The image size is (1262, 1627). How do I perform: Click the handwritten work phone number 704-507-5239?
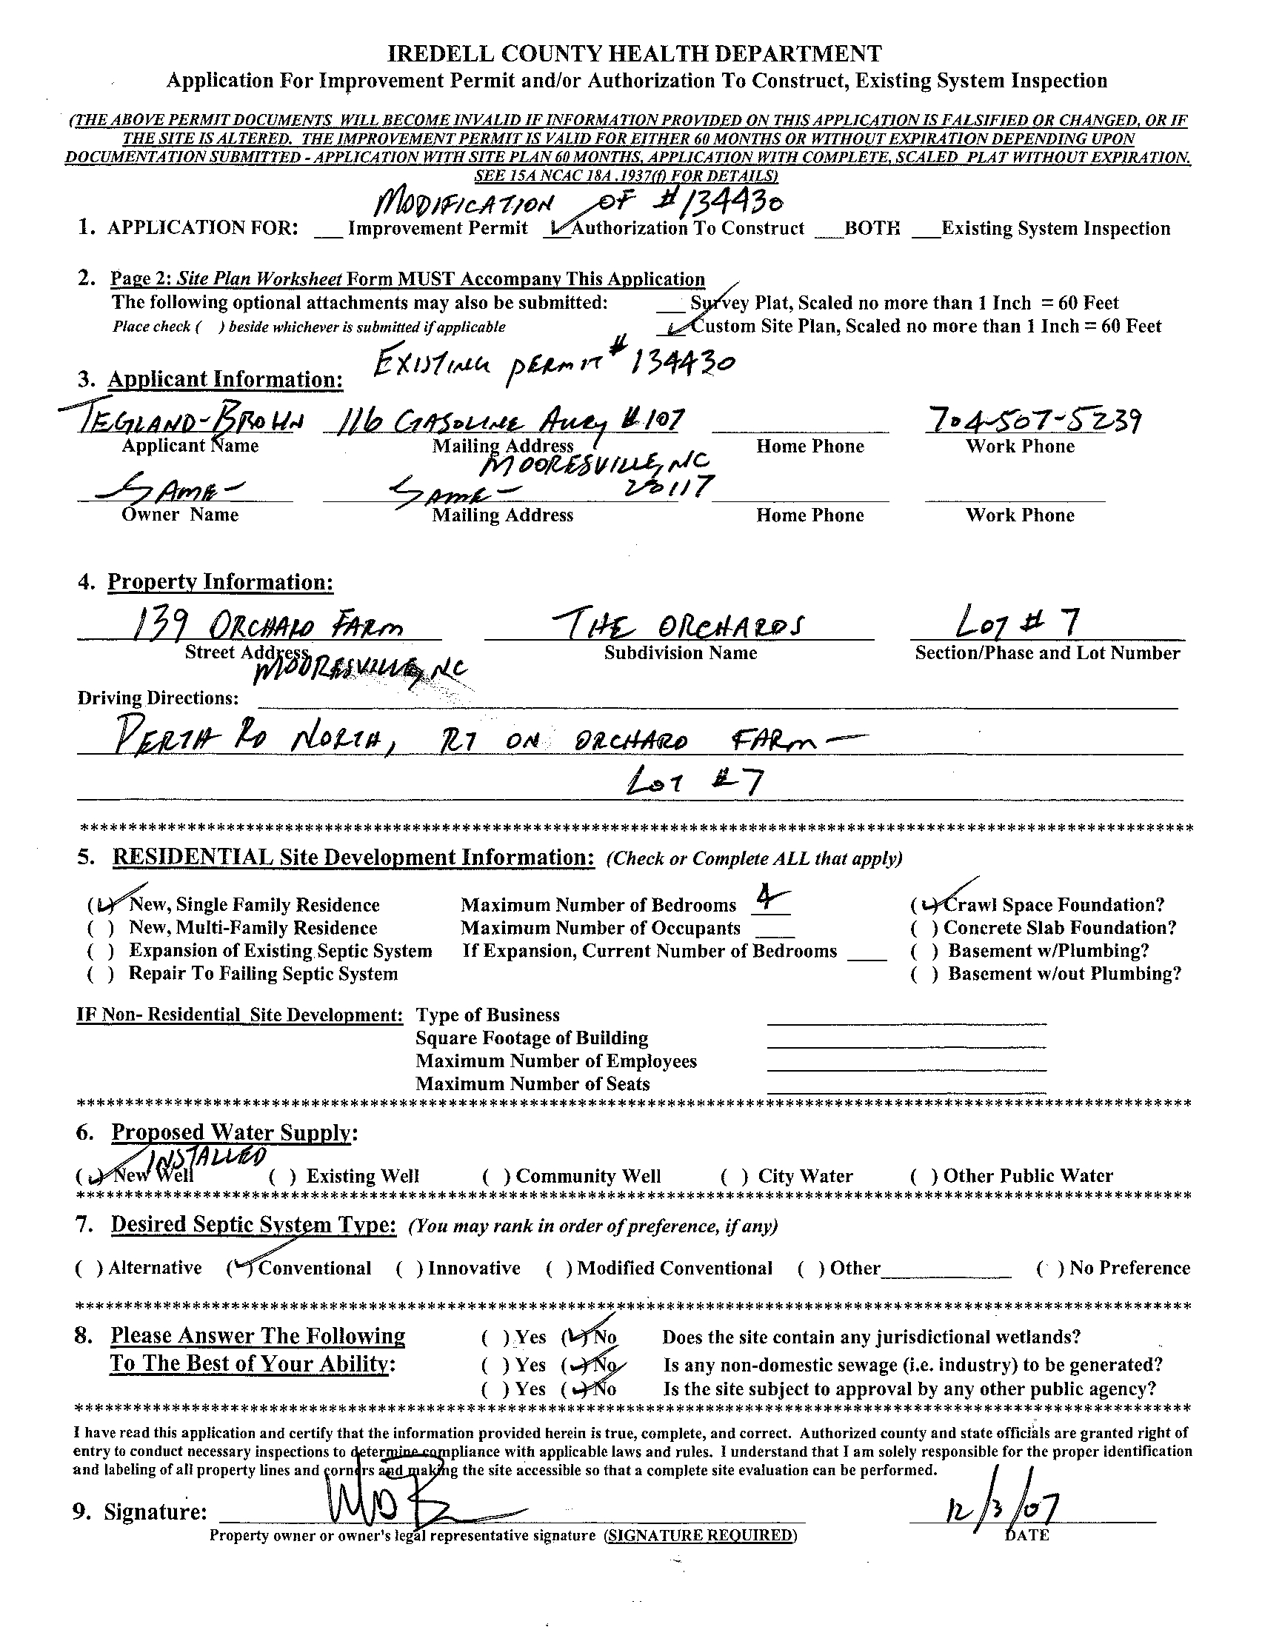(x=1032, y=421)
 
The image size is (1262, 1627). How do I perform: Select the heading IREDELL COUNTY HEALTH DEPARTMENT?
(x=635, y=53)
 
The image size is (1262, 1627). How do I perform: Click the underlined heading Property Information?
(x=221, y=582)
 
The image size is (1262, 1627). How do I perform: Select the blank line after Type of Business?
(x=906, y=1021)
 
